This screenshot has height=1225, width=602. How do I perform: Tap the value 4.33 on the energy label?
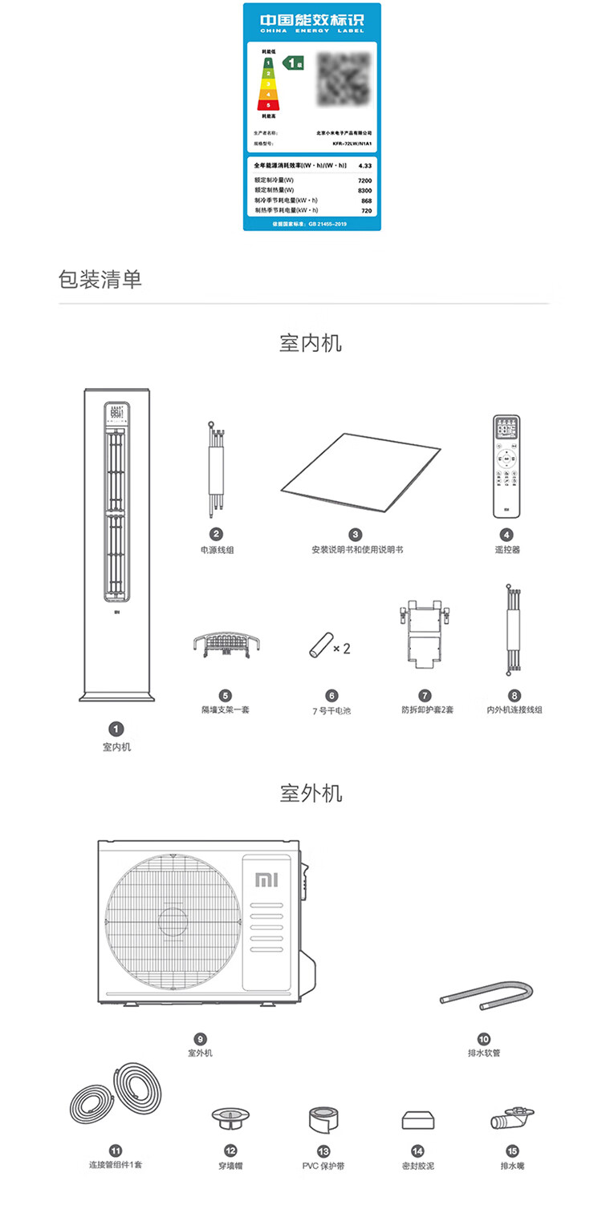click(364, 165)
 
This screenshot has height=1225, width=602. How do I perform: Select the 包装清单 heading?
click(100, 280)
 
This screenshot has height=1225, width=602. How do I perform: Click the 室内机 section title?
click(311, 343)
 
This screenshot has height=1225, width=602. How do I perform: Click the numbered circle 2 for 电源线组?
click(216, 534)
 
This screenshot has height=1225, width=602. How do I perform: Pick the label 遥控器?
click(506, 550)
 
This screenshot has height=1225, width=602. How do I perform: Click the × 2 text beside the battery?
click(341, 649)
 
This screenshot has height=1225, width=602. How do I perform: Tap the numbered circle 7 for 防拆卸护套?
click(425, 695)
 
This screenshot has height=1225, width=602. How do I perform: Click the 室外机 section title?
click(311, 794)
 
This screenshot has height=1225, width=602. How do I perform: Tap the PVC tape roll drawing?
click(324, 1119)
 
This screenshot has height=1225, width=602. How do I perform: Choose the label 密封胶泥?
click(417, 1166)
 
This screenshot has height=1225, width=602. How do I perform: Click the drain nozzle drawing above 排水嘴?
click(511, 1118)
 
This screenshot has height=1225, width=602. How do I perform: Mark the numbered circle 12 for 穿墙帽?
click(230, 1150)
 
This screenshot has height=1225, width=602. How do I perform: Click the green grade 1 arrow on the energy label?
click(294, 61)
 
